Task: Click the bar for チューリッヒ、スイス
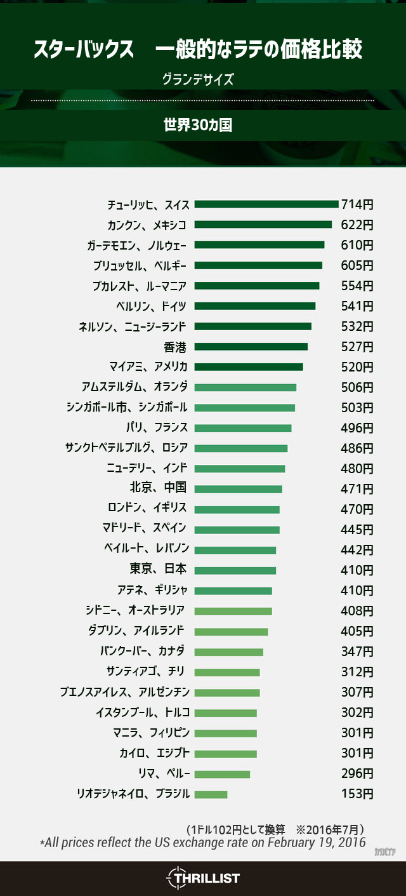[x=266, y=204]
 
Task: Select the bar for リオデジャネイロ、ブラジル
[x=211, y=794]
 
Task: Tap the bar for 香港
[x=251, y=347]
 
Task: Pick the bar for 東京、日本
[x=235, y=570]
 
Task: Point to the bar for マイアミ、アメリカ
[x=249, y=367]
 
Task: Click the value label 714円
[x=357, y=204]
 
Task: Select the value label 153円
[x=357, y=794]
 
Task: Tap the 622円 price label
[x=357, y=225]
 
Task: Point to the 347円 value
[x=357, y=652]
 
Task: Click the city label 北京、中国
[x=157, y=488]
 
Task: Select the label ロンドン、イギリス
[x=147, y=508]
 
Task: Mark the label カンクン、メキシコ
[x=147, y=225]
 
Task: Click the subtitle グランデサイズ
[x=199, y=80]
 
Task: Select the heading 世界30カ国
[x=198, y=124]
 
